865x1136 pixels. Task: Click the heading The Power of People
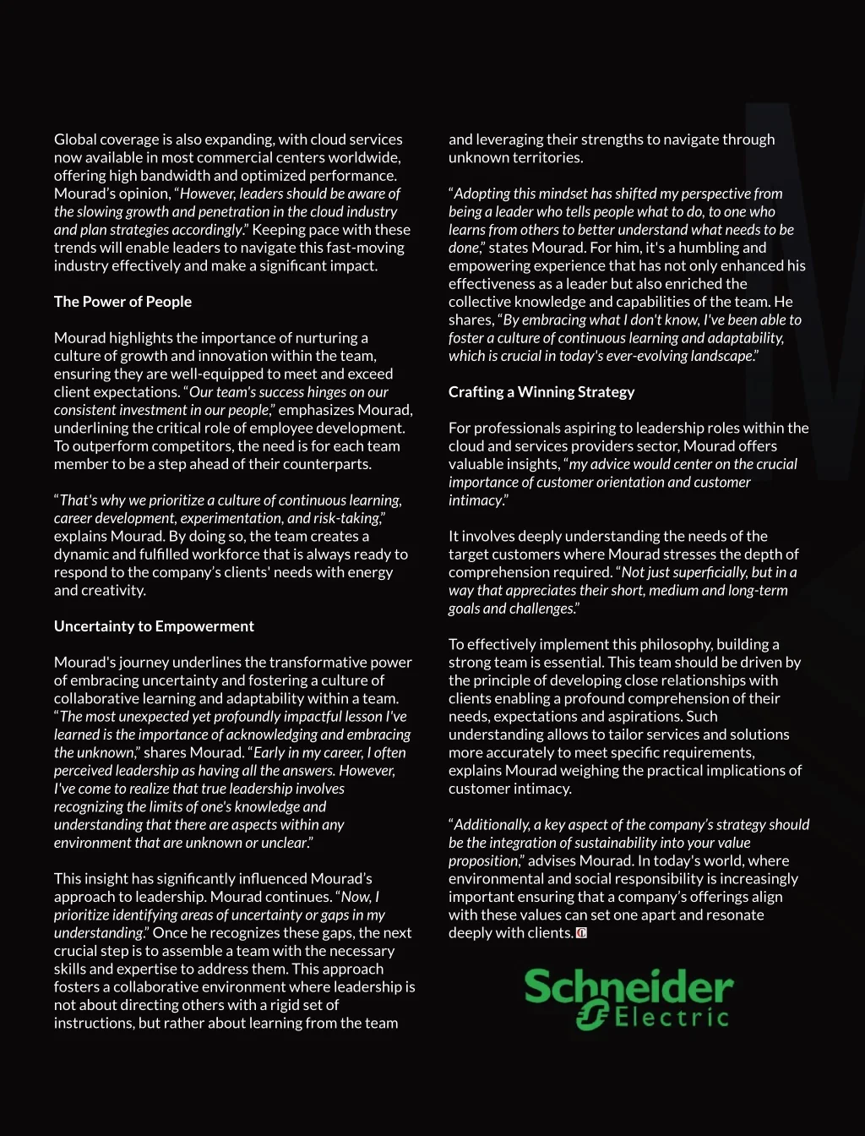point(122,302)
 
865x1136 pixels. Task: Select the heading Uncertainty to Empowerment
point(154,626)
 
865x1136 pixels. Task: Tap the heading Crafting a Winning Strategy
point(541,392)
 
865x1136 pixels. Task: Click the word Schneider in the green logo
point(628,986)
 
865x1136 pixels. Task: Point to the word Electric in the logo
point(672,1016)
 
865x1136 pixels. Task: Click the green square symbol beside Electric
point(592,1015)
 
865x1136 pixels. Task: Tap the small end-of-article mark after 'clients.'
point(581,933)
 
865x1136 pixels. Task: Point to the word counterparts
point(329,464)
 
